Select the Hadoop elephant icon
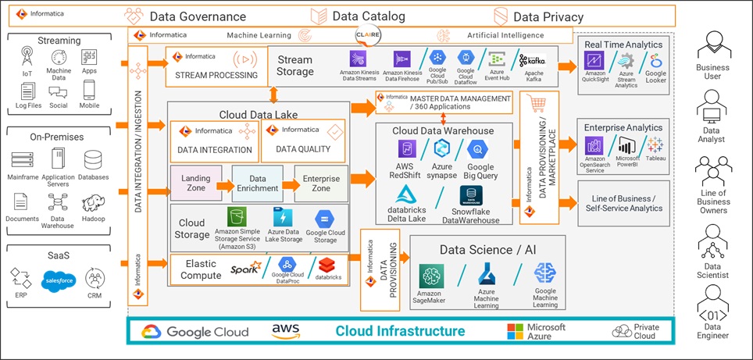(x=94, y=204)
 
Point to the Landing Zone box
(x=196, y=184)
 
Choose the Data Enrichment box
(x=257, y=184)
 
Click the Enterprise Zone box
(x=321, y=184)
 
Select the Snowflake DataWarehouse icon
(x=469, y=196)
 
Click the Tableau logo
(x=655, y=144)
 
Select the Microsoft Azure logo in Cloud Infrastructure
(x=514, y=331)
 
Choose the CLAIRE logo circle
(x=368, y=36)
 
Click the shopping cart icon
(x=537, y=102)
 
